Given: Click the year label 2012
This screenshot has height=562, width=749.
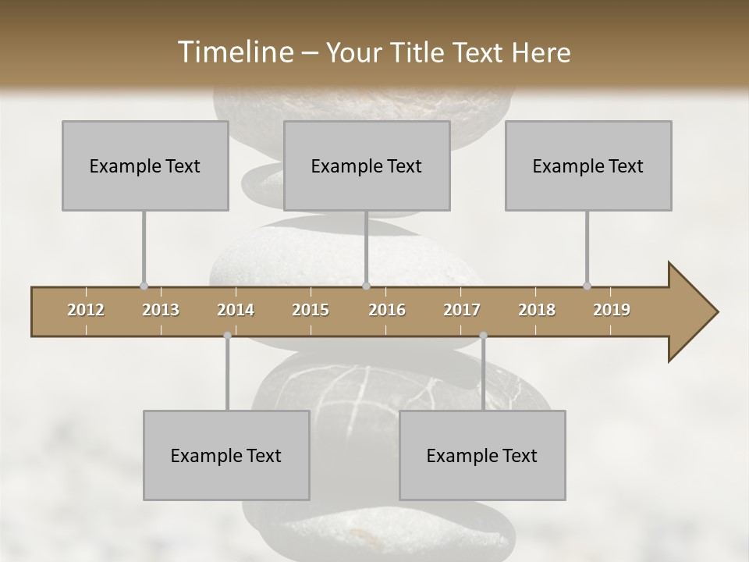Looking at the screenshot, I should point(86,310).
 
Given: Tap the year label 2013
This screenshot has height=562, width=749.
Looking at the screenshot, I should point(161,310).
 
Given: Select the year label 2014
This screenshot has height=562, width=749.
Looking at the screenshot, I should point(236,310).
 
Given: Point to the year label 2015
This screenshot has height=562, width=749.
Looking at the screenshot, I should point(311,310).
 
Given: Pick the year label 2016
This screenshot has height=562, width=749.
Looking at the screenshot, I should point(387,310).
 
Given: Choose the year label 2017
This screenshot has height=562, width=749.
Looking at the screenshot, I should point(462,310).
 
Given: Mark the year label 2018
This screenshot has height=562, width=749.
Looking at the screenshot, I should point(537,310).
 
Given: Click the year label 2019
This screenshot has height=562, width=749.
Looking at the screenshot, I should point(612,310).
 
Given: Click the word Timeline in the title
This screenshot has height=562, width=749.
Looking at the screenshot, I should point(233,52).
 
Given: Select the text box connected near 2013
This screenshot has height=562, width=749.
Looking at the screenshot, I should point(145,165).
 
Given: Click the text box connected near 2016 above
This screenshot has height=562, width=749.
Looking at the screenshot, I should point(367,165).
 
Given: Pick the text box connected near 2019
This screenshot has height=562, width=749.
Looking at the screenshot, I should point(588,165).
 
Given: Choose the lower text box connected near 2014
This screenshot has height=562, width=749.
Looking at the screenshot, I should point(226,455).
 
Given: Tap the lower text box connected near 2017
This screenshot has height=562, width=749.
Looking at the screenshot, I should point(482,455).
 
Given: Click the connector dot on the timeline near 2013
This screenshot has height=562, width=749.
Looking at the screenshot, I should point(144,286).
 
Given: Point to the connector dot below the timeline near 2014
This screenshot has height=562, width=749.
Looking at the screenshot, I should point(227,336).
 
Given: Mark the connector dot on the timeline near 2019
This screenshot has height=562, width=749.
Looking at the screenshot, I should point(587,286).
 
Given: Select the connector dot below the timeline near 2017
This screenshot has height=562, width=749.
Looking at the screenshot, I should point(483,336).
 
